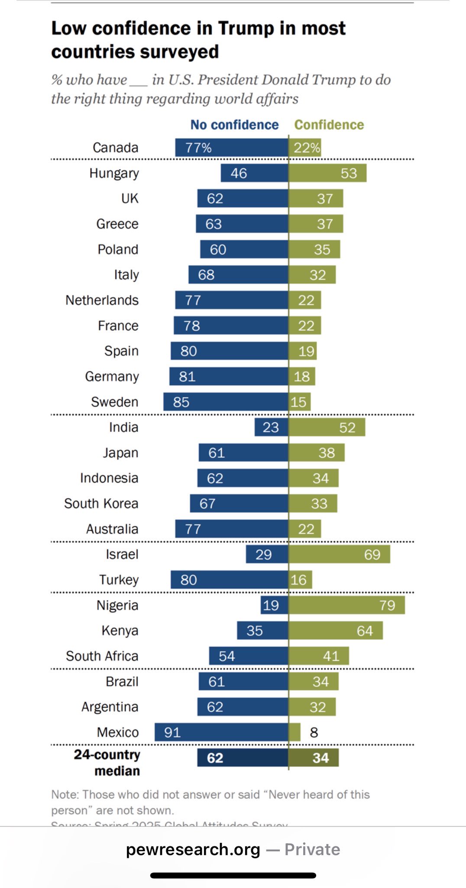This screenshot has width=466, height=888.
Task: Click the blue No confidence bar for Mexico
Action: [x=221, y=732]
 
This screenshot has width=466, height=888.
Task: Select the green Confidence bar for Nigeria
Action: [x=346, y=605]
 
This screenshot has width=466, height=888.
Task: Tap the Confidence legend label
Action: [x=329, y=125]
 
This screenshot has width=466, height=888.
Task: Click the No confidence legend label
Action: [x=234, y=125]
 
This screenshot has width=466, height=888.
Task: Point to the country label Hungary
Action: [x=114, y=173]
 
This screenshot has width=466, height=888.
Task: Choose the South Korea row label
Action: [x=101, y=503]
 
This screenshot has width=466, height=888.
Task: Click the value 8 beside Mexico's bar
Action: [x=314, y=732]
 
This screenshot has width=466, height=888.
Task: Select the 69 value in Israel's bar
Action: [x=372, y=555]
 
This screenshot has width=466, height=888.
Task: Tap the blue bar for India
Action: [x=271, y=427]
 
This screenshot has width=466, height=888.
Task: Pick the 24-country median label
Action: [x=107, y=762]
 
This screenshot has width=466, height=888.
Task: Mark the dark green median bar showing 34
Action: [x=314, y=757]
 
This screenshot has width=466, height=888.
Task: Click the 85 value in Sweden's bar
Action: [x=181, y=402]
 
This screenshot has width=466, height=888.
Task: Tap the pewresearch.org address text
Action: [x=193, y=849]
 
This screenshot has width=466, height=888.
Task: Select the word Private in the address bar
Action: [x=312, y=849]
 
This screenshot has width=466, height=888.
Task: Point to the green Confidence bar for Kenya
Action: [x=336, y=630]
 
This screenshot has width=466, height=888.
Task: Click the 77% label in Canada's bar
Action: [x=198, y=148]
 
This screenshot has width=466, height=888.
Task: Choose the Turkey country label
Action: [x=119, y=580]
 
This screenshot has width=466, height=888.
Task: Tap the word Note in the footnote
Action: [x=65, y=794]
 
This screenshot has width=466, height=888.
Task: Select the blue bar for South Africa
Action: [x=249, y=656]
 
